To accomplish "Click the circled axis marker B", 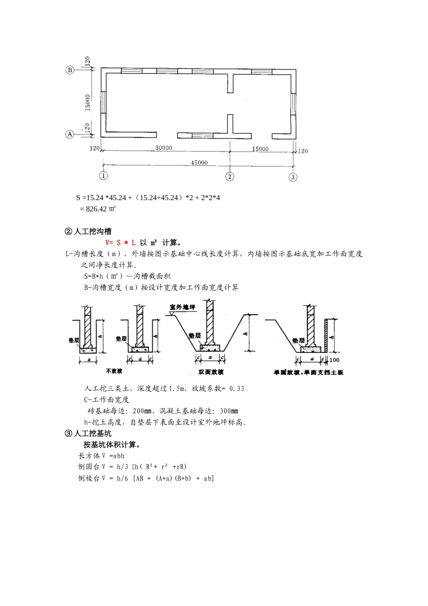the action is (70, 70).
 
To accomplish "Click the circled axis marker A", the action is (70, 134).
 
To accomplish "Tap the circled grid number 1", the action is (104, 176).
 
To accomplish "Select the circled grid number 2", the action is (230, 176).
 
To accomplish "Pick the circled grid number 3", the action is (293, 177).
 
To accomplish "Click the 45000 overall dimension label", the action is (199, 162).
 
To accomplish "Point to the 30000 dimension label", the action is (164, 147).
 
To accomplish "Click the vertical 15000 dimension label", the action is (88, 102).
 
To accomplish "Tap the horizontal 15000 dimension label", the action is (260, 148).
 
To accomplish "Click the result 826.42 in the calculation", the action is (96, 209).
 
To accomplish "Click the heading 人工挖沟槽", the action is (92, 232).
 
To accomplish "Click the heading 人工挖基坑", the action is (92, 434).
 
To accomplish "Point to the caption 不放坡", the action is (114, 372).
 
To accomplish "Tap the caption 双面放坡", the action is (211, 372).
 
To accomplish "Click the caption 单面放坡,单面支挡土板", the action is (308, 372).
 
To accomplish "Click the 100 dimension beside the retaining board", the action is (334, 360).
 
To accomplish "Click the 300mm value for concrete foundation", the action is (229, 411).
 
